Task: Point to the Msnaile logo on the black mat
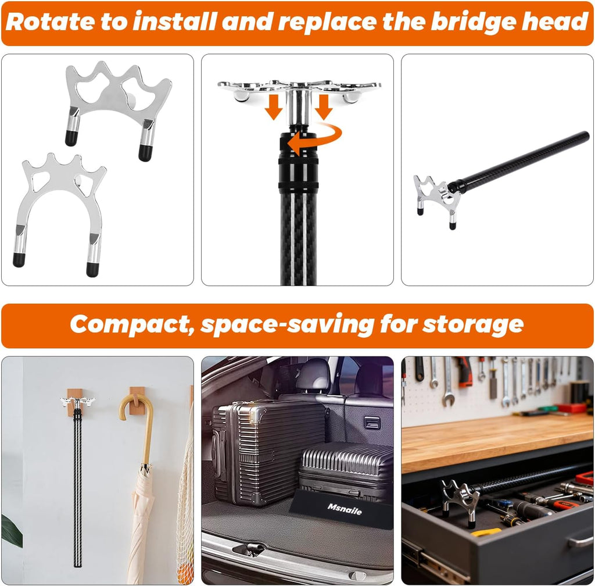click(x=345, y=507)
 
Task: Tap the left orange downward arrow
click(x=274, y=106)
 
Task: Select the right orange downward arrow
click(x=324, y=106)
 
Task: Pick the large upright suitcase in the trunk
click(x=264, y=451)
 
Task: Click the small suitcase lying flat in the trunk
click(x=347, y=468)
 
